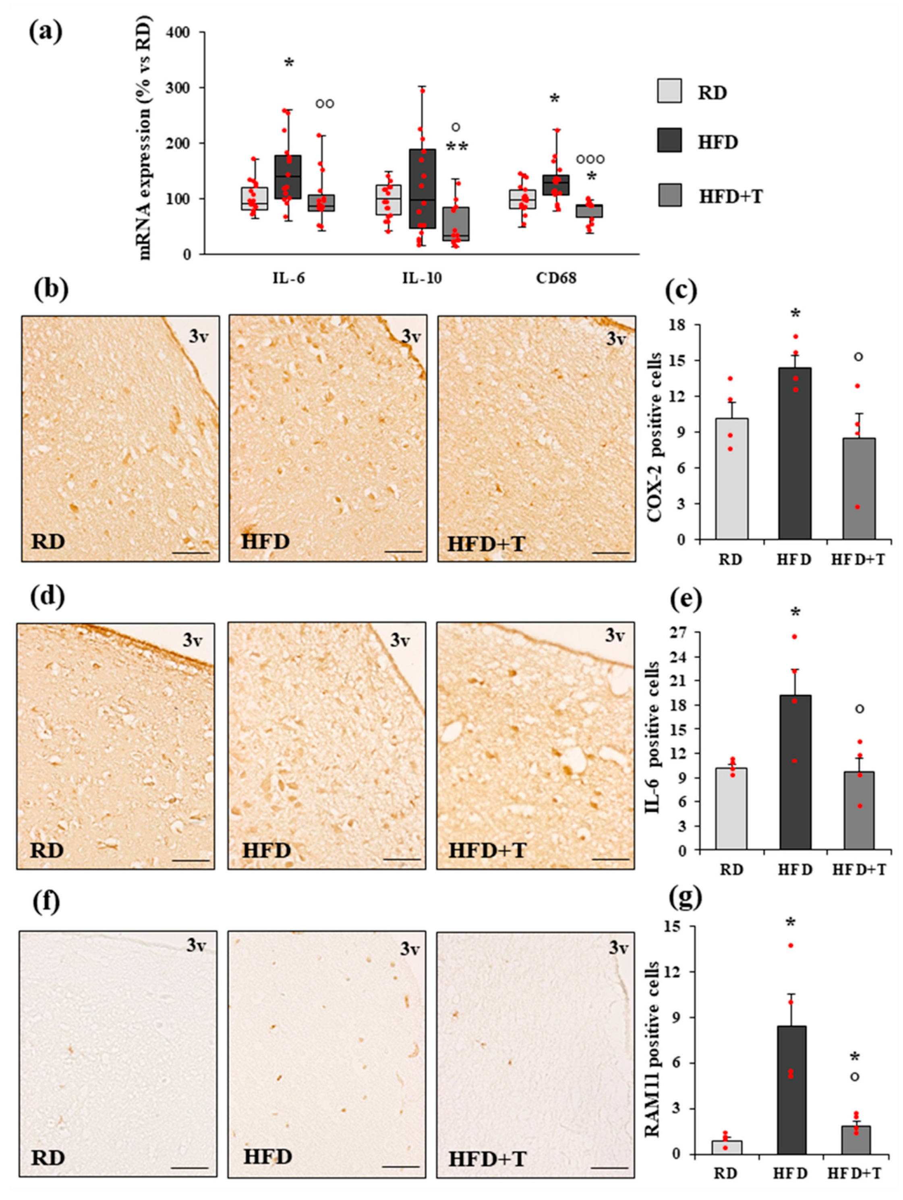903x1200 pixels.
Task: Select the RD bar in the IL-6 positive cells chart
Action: point(731,808)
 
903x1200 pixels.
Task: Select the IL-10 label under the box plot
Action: point(422,279)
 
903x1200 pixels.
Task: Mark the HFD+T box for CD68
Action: point(589,211)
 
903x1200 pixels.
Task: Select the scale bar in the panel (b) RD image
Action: point(191,553)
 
